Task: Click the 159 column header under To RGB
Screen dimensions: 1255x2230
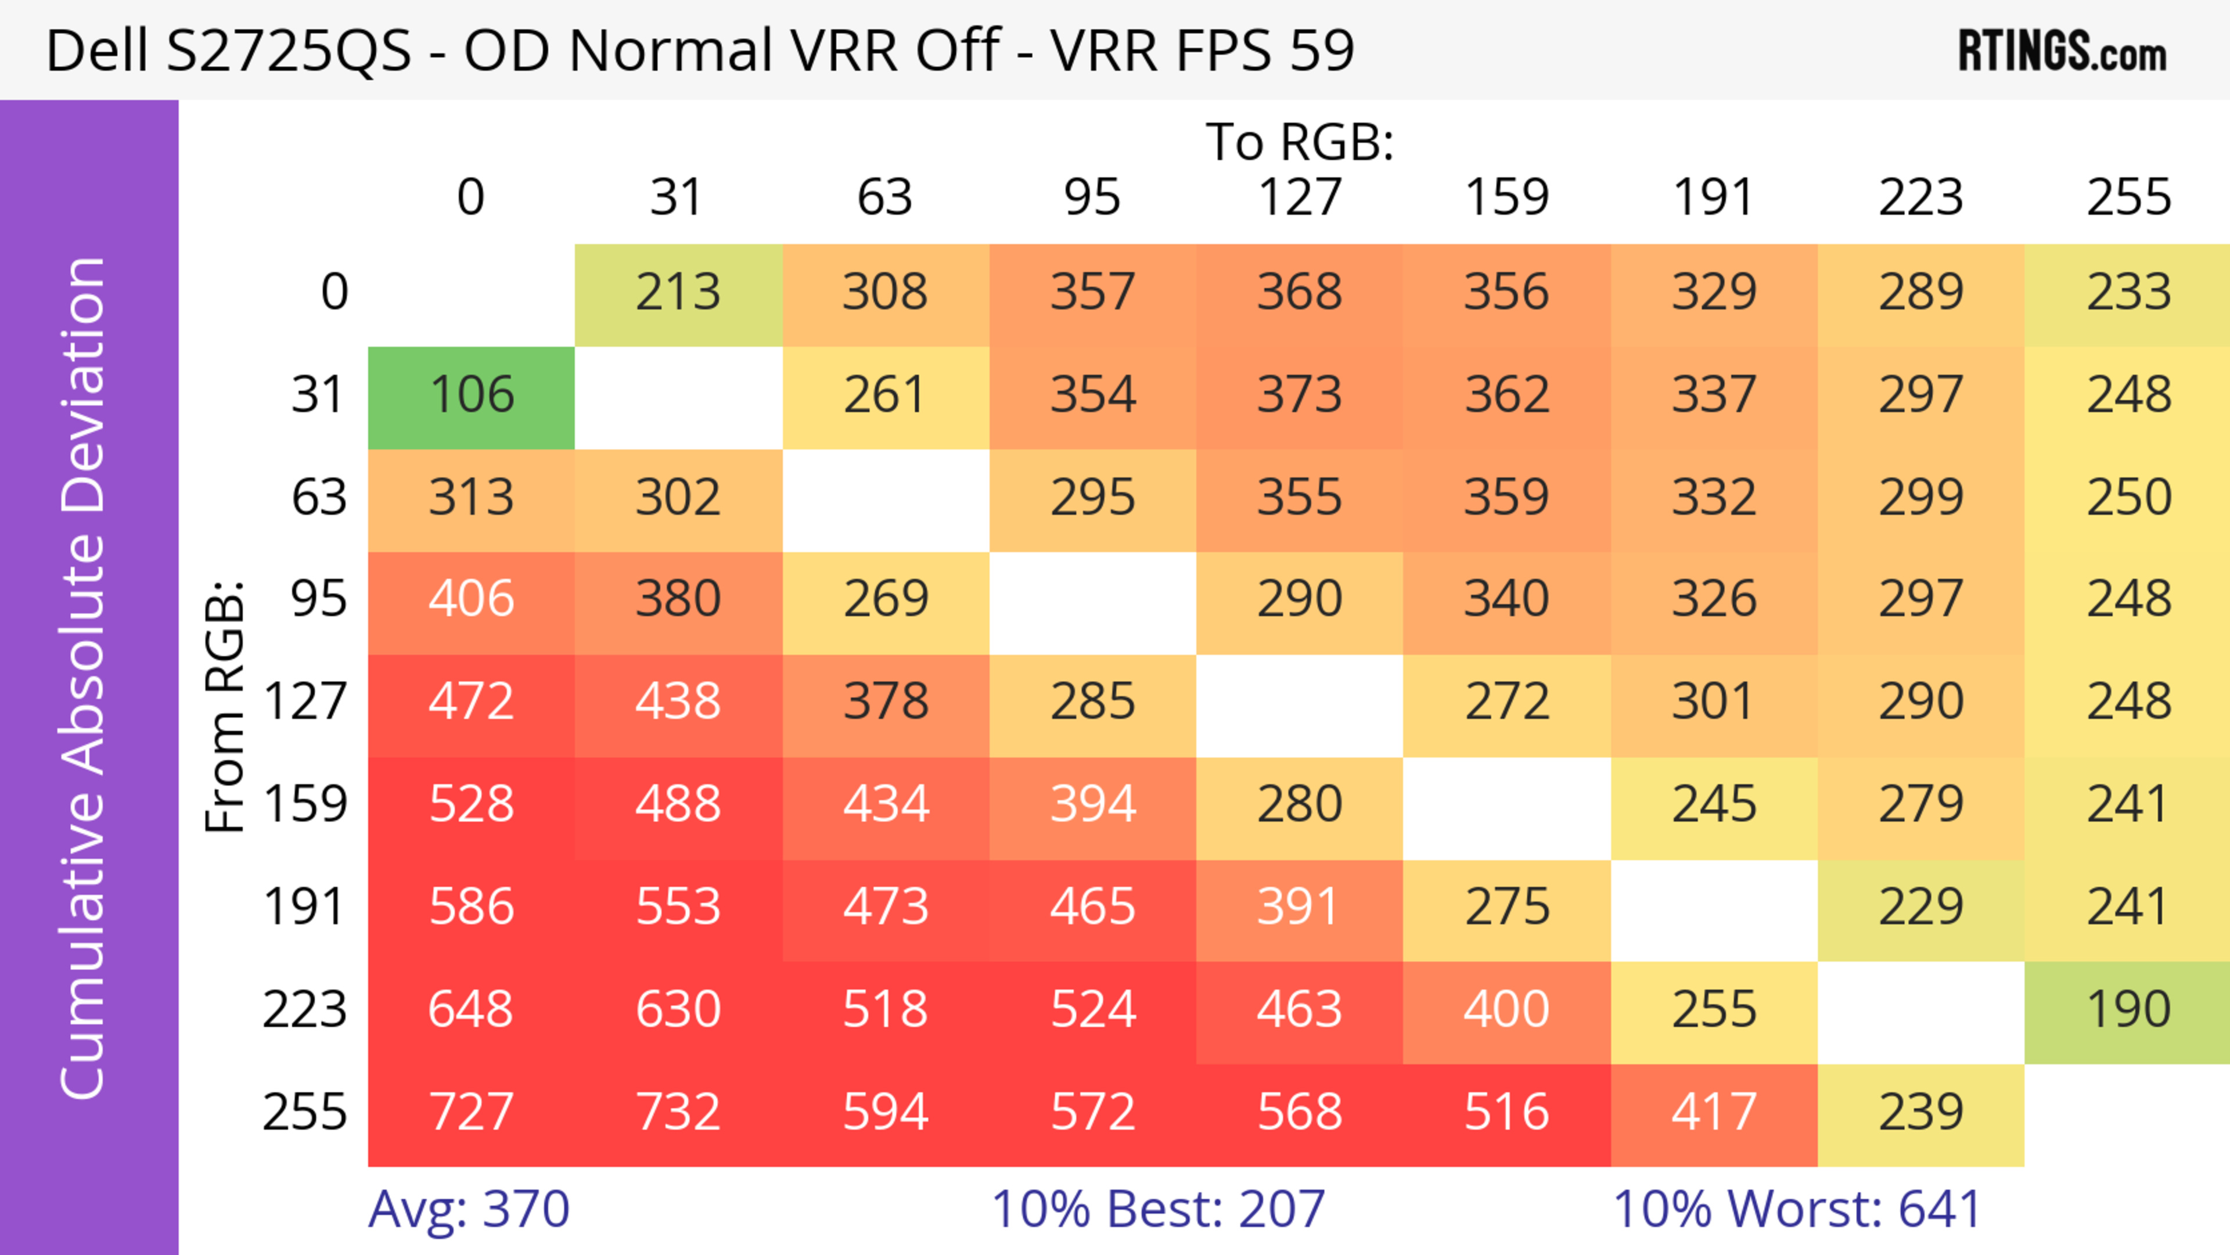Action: tap(1506, 197)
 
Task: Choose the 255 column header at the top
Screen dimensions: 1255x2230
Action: tap(2128, 197)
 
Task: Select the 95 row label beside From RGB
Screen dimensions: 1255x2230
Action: tap(319, 599)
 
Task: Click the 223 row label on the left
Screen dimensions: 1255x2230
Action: tap(305, 1010)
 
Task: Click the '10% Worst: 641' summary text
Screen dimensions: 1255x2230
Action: tap(1796, 1209)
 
